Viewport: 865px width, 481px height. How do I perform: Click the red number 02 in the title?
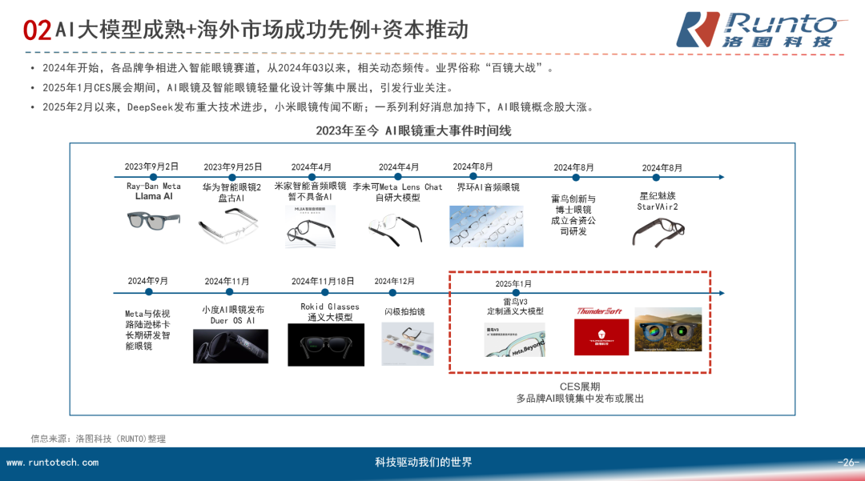(x=38, y=31)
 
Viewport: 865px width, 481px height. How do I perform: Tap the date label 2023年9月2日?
(x=151, y=166)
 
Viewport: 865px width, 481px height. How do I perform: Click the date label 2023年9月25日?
(x=232, y=167)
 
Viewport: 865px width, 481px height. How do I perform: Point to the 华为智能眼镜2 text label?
(x=231, y=186)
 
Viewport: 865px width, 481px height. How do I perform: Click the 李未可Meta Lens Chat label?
(x=398, y=187)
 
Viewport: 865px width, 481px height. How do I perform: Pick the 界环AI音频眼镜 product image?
(x=488, y=225)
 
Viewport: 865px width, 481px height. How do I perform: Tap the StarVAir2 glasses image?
(x=658, y=231)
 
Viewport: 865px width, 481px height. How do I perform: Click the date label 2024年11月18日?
(x=323, y=281)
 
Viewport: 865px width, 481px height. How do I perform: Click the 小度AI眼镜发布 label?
(x=232, y=310)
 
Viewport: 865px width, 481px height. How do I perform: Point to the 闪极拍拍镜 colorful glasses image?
(x=407, y=344)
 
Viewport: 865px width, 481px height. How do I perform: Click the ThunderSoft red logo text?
(x=600, y=311)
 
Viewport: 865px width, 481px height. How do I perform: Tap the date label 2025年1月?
(x=513, y=284)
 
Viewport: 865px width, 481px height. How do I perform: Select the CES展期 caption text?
(x=580, y=386)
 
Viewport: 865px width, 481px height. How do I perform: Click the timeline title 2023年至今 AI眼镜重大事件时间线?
(x=412, y=130)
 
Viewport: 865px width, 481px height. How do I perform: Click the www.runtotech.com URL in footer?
(x=52, y=463)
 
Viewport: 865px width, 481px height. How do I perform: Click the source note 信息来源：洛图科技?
(x=98, y=438)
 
